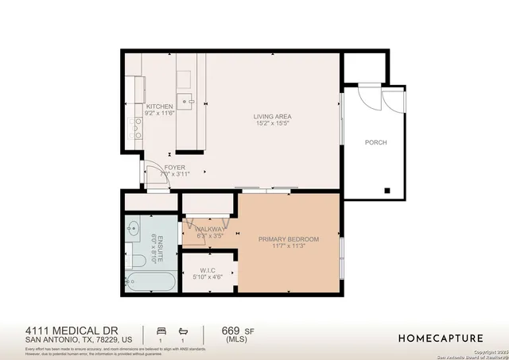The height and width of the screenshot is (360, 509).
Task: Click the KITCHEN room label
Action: point(159,106)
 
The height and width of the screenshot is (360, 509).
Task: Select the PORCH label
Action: point(375,142)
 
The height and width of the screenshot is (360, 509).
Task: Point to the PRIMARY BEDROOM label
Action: point(288,239)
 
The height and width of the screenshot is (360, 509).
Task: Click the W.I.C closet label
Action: point(209,270)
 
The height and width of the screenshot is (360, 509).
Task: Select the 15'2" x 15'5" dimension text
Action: point(272,124)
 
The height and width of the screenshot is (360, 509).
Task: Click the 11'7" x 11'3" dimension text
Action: point(288,246)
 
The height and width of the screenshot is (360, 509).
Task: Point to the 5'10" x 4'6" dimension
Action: point(209,277)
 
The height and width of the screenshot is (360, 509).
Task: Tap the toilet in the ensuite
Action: point(137,260)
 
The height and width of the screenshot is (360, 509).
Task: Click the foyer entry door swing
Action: point(156,179)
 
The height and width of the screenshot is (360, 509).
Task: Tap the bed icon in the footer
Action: point(161,330)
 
